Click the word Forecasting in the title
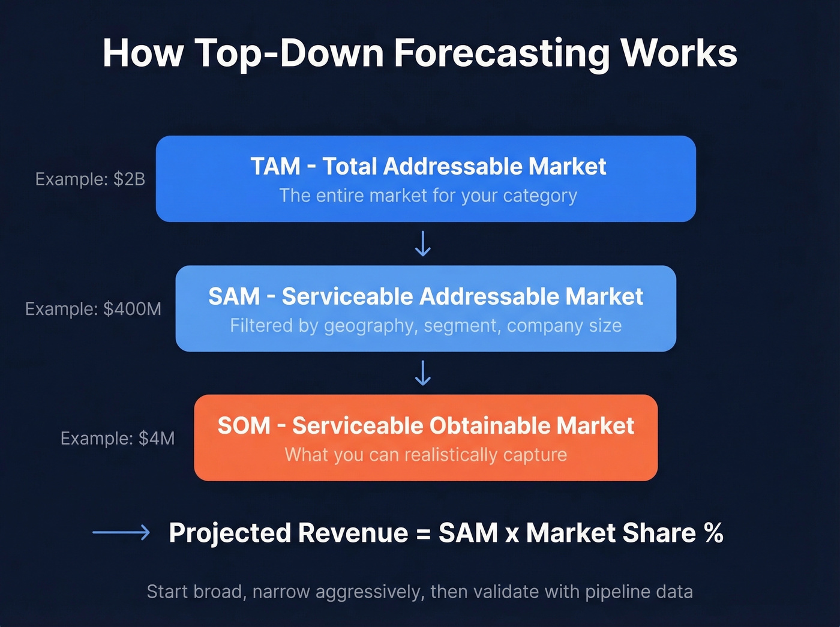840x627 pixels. pos(501,54)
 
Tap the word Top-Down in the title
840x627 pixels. pos(289,54)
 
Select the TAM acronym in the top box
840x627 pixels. pos(275,167)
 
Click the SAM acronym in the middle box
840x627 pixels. pos(234,296)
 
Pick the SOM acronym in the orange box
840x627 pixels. pos(244,426)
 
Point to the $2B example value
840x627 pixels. pos(129,179)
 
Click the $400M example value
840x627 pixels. pos(132,309)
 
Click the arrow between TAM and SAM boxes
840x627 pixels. pos(423,244)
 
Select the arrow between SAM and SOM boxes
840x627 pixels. pos(423,373)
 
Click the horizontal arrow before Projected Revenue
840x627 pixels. pos(121,532)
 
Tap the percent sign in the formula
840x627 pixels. pos(713,533)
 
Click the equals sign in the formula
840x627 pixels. pos(423,533)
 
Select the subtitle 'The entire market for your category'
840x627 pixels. pos(428,196)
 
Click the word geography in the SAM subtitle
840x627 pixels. pos(368,326)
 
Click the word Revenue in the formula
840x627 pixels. pos(353,533)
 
